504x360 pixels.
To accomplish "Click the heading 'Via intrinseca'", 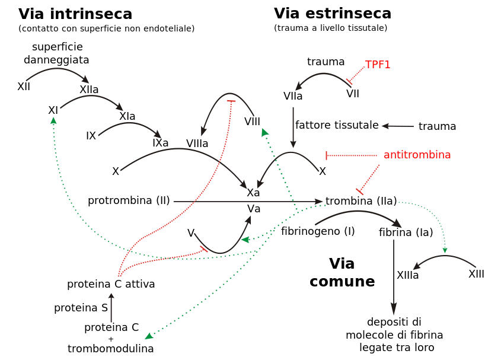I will tap(75, 14).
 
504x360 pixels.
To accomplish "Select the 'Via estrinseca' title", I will tap(332, 13).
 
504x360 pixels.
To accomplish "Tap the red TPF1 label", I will tap(378, 65).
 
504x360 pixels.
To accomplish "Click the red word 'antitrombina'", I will tap(417, 155).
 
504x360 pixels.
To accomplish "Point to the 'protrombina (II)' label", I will tap(129, 200).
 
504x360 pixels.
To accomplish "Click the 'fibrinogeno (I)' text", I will tap(318, 231).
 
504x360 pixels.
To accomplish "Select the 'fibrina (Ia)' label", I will tap(406, 232).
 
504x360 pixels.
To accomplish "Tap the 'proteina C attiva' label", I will tap(111, 284).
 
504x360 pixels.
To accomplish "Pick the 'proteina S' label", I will tap(81, 308).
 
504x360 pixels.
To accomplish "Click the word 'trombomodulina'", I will tap(111, 349).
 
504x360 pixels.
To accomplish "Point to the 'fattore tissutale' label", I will tap(337, 125).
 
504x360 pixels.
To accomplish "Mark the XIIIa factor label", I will tap(407, 275).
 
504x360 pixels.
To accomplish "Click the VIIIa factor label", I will tap(197, 143).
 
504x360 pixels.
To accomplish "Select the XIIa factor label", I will tap(89, 89).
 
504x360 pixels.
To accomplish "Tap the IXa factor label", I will tap(160, 142).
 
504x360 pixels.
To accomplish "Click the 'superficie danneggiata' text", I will tap(57, 53).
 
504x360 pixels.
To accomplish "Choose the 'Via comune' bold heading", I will tap(342, 272).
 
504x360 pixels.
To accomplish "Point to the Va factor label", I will tap(254, 208).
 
